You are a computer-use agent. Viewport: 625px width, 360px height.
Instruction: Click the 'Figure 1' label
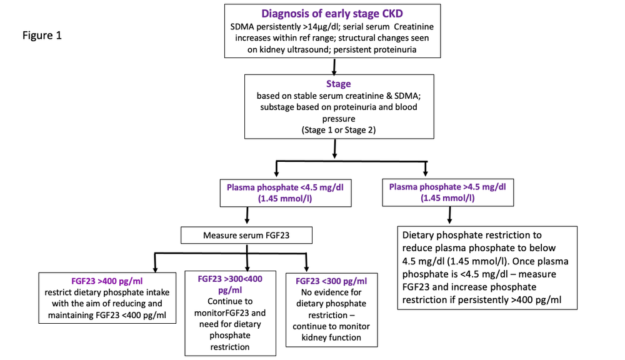(41, 35)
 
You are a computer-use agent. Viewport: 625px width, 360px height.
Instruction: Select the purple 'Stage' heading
(338, 84)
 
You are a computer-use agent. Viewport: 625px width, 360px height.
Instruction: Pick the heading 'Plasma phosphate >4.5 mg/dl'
(447, 187)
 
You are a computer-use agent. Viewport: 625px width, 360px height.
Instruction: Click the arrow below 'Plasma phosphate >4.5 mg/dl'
(449, 214)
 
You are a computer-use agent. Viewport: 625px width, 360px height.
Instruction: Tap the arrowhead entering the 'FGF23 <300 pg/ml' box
(306, 266)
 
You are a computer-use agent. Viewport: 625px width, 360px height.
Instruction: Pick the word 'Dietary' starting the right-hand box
(420, 236)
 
